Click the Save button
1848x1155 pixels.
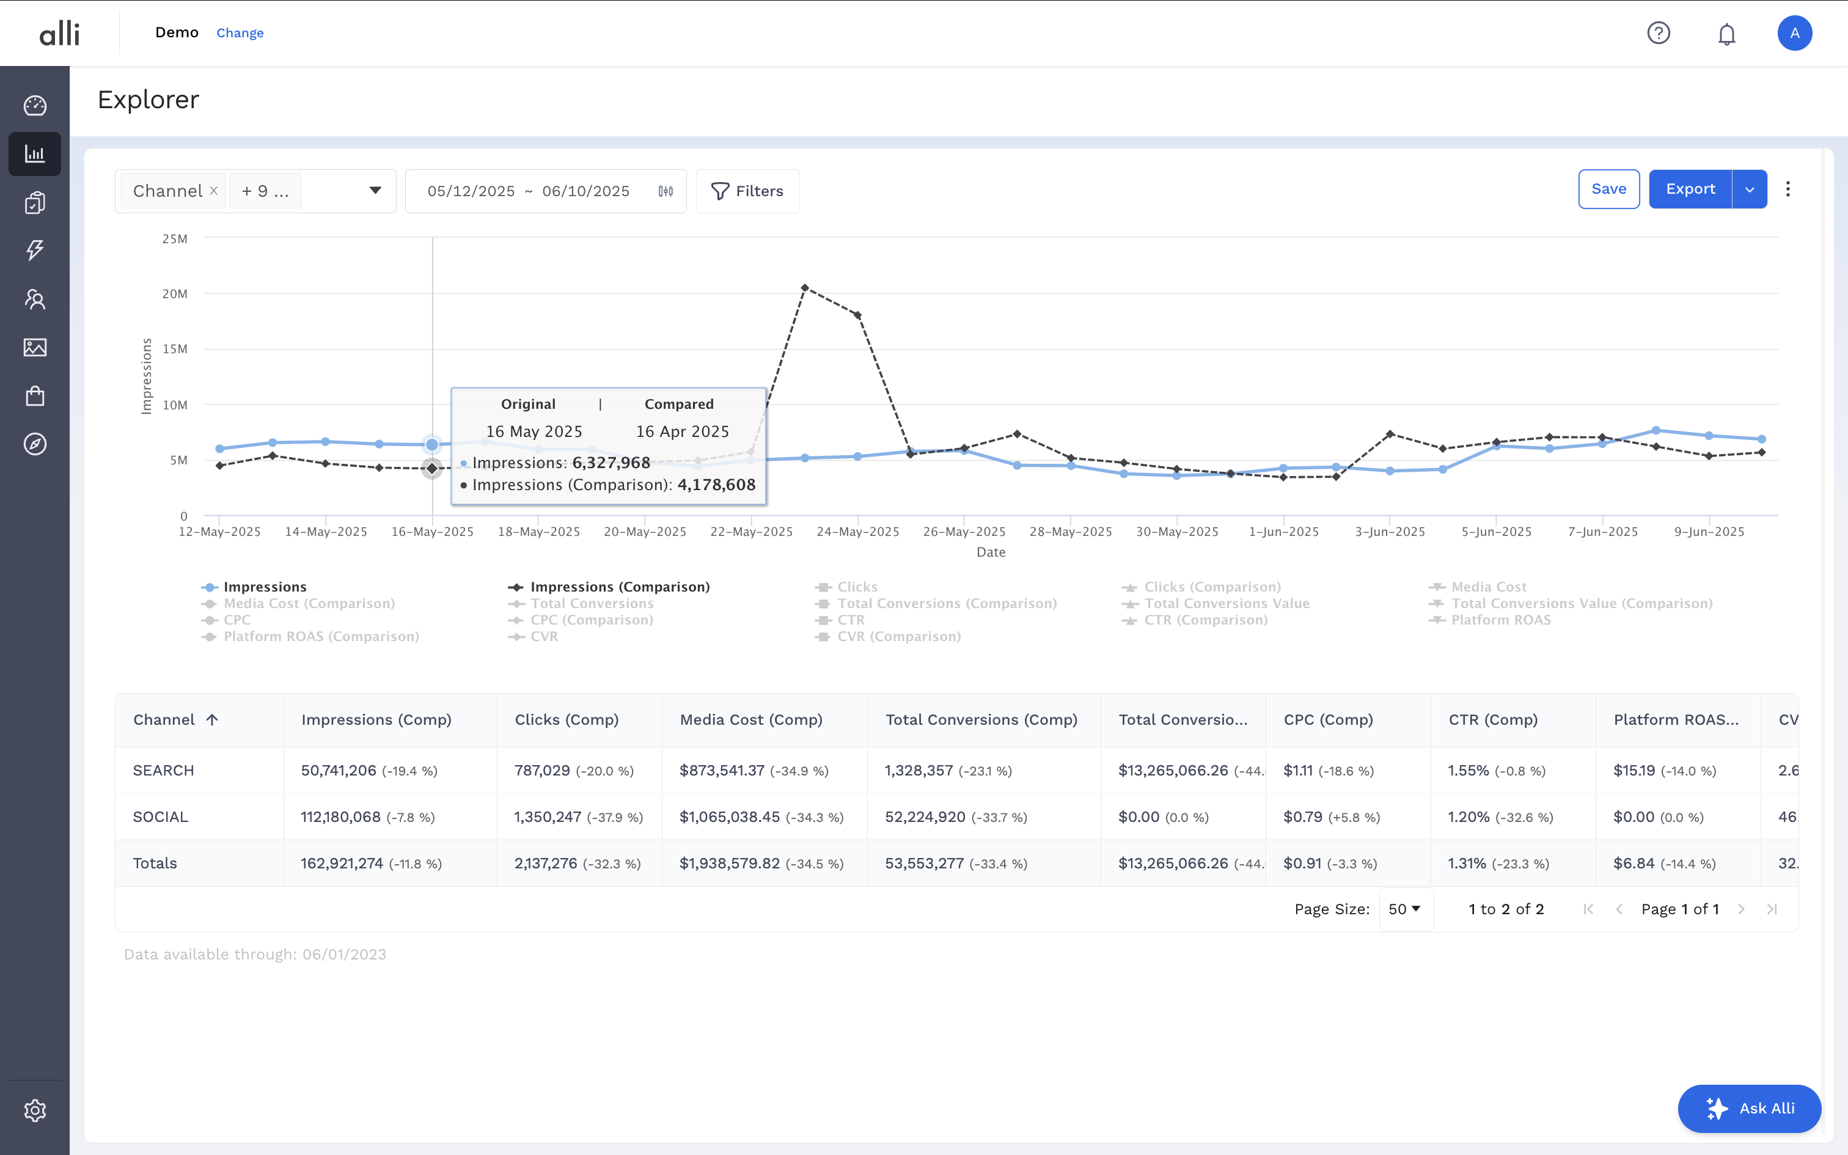pos(1608,189)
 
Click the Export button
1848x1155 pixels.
pos(1689,189)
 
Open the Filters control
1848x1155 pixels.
pos(747,191)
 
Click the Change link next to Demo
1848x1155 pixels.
pos(240,33)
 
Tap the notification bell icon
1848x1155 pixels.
pos(1726,34)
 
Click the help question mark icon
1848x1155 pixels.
pos(1658,33)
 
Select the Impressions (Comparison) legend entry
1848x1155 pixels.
pos(618,587)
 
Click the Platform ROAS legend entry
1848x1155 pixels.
pos(1500,620)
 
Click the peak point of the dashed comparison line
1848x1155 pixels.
pos(805,288)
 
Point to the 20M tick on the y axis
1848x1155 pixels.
pos(174,294)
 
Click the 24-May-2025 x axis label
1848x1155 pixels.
pos(857,532)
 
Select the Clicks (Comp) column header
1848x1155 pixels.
pos(566,720)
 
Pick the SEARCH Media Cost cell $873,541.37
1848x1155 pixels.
pos(722,770)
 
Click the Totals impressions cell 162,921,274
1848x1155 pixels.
pos(342,863)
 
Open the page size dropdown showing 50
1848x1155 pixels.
pos(1404,909)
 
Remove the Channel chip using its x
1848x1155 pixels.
pos(214,191)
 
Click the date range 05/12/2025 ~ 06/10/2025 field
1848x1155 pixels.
pos(529,191)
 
